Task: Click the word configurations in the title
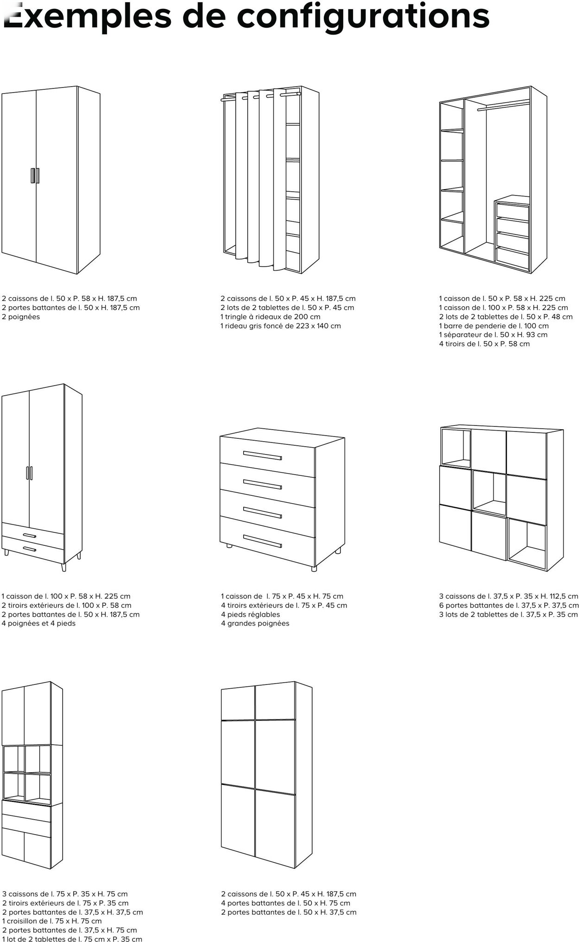(x=363, y=16)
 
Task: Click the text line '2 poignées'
(x=21, y=317)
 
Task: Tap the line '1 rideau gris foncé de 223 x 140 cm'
(x=280, y=326)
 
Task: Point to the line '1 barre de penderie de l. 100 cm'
(x=493, y=326)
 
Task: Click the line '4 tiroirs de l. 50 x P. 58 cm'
(x=484, y=344)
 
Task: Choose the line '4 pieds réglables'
(x=250, y=614)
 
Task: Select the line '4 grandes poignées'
(x=255, y=623)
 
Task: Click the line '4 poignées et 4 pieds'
(x=38, y=623)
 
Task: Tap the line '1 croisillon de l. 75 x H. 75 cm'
(x=52, y=921)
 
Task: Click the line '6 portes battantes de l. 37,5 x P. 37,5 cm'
(x=509, y=606)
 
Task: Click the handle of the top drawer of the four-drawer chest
(x=262, y=455)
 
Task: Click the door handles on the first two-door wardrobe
(x=35, y=176)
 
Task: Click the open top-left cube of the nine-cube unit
(x=456, y=448)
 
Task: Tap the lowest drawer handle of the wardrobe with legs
(x=29, y=550)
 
